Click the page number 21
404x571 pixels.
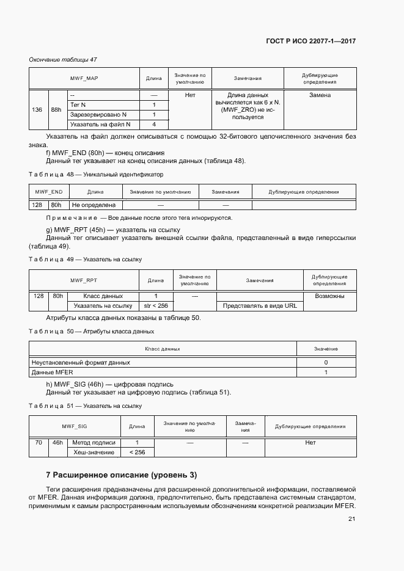point(351,519)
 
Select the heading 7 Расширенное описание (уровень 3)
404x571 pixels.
point(122,475)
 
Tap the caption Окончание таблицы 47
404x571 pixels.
point(63,59)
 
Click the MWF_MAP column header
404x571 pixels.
point(84,79)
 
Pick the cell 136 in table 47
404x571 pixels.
point(37,110)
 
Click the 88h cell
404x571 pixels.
point(56,110)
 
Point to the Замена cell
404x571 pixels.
point(320,95)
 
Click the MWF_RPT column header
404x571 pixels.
point(84,280)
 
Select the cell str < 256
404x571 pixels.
point(155,305)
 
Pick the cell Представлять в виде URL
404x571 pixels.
point(260,305)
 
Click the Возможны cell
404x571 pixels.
point(329,296)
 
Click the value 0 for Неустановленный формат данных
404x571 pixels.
point(326,362)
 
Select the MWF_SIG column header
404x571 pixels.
point(75,427)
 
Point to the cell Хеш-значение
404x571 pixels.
point(94,452)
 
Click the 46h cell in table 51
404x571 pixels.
point(57,442)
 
